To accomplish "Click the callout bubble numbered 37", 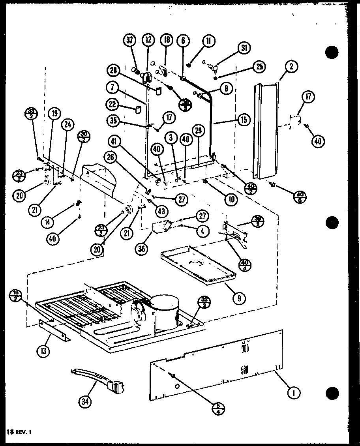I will click(131, 40).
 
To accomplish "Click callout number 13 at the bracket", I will click(45, 350).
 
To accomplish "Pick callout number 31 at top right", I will click(244, 48).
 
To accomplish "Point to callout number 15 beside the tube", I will click(244, 120).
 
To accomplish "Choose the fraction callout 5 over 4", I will click(216, 407).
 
